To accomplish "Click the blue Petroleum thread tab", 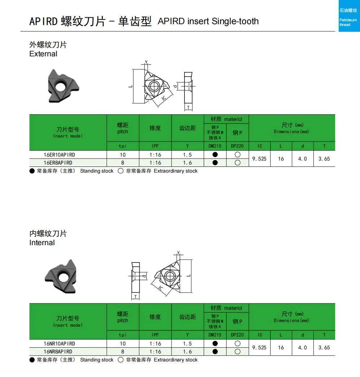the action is (349, 16).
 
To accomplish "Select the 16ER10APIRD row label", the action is (60, 155).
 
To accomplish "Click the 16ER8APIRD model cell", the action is (58, 163).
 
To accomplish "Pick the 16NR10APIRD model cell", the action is (60, 343).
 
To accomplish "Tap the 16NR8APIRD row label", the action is (58, 351).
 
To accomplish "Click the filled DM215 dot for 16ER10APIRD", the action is (215, 155).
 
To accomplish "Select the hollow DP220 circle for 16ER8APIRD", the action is (238, 163).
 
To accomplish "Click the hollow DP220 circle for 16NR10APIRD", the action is (238, 343).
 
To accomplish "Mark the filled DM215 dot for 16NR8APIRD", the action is (215, 351).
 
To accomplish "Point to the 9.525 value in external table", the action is (259, 159).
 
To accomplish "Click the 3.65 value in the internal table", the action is (324, 347).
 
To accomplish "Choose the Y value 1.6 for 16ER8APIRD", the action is (187, 163).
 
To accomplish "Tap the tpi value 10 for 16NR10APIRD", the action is (123, 343).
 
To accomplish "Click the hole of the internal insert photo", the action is (64, 277).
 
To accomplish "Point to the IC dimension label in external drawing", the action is (164, 98).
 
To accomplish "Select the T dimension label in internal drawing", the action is (136, 297).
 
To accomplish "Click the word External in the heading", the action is (43, 53).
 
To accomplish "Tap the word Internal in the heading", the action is (42, 243).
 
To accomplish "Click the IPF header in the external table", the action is (155, 146).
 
